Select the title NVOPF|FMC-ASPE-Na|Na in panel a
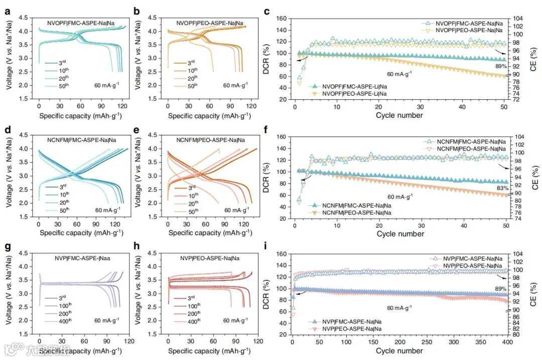[x=80, y=23]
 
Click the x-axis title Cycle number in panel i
[x=399, y=350]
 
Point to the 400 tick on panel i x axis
[x=507, y=342]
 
